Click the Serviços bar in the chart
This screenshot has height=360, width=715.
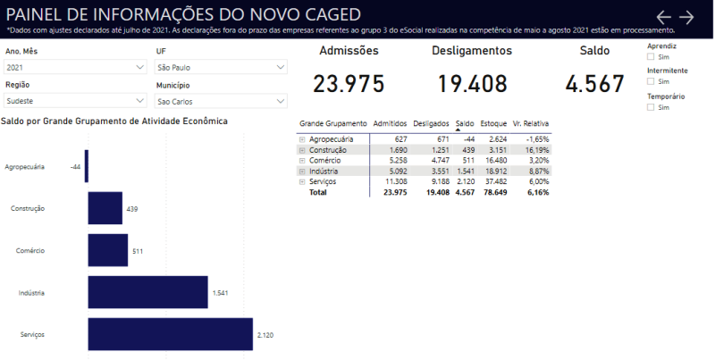(170, 334)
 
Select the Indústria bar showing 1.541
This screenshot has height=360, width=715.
(147, 292)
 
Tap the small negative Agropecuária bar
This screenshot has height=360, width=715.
(87, 166)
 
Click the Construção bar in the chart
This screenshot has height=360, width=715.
(105, 208)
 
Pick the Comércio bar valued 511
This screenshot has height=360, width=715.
(108, 250)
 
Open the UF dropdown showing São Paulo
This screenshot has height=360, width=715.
(220, 67)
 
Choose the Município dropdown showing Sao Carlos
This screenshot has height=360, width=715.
(220, 101)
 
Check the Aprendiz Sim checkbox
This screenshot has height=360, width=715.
(651, 56)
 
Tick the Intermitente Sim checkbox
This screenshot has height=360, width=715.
(651, 81)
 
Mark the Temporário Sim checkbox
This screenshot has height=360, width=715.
(651, 107)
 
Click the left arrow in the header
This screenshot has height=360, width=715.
(663, 17)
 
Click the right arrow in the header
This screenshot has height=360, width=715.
(686, 17)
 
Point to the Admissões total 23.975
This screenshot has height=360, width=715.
(349, 84)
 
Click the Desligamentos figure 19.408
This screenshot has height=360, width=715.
(472, 84)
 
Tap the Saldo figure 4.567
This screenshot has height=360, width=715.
(594, 84)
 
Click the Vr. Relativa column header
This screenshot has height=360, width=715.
(531, 123)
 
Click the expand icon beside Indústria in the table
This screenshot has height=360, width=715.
(302, 171)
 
